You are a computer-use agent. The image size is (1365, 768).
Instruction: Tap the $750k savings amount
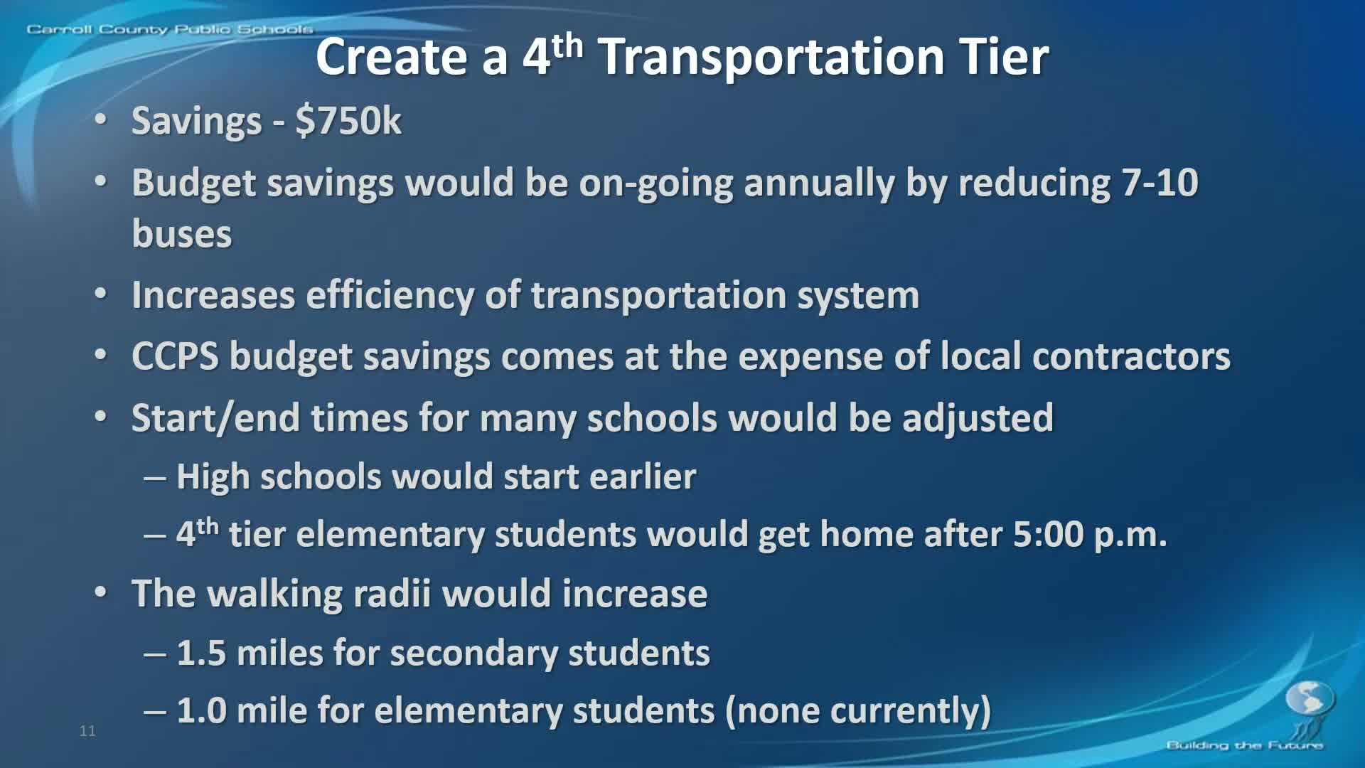[x=348, y=121]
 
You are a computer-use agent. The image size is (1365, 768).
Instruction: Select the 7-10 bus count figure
[x=1160, y=183]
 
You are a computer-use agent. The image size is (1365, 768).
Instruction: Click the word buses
[x=182, y=235]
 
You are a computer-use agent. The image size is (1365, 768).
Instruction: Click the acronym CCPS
[x=175, y=356]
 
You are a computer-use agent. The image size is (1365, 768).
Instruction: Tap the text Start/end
[x=215, y=418]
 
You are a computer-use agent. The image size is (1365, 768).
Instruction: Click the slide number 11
[x=87, y=731]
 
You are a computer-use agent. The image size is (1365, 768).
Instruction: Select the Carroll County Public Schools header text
[x=169, y=29]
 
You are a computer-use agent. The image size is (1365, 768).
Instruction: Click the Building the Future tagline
[x=1244, y=745]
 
